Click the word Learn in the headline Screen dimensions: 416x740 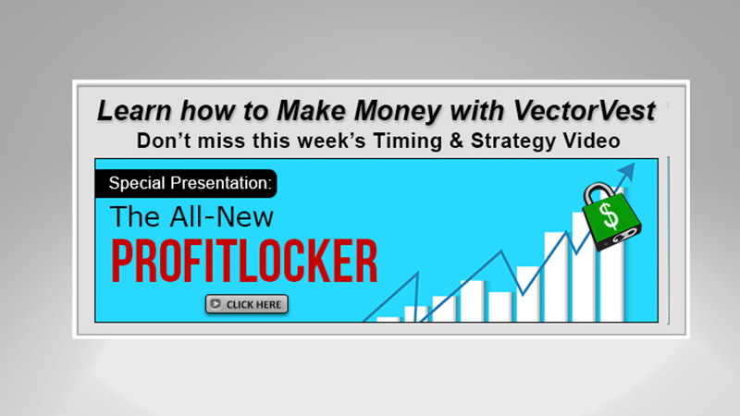(x=129, y=112)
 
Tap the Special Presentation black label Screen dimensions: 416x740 (x=190, y=183)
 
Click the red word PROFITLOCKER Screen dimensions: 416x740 (x=244, y=263)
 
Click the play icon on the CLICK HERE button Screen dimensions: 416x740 (x=216, y=303)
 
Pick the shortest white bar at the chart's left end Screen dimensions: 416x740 (x=388, y=319)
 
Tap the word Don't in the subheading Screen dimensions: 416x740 (x=162, y=141)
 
